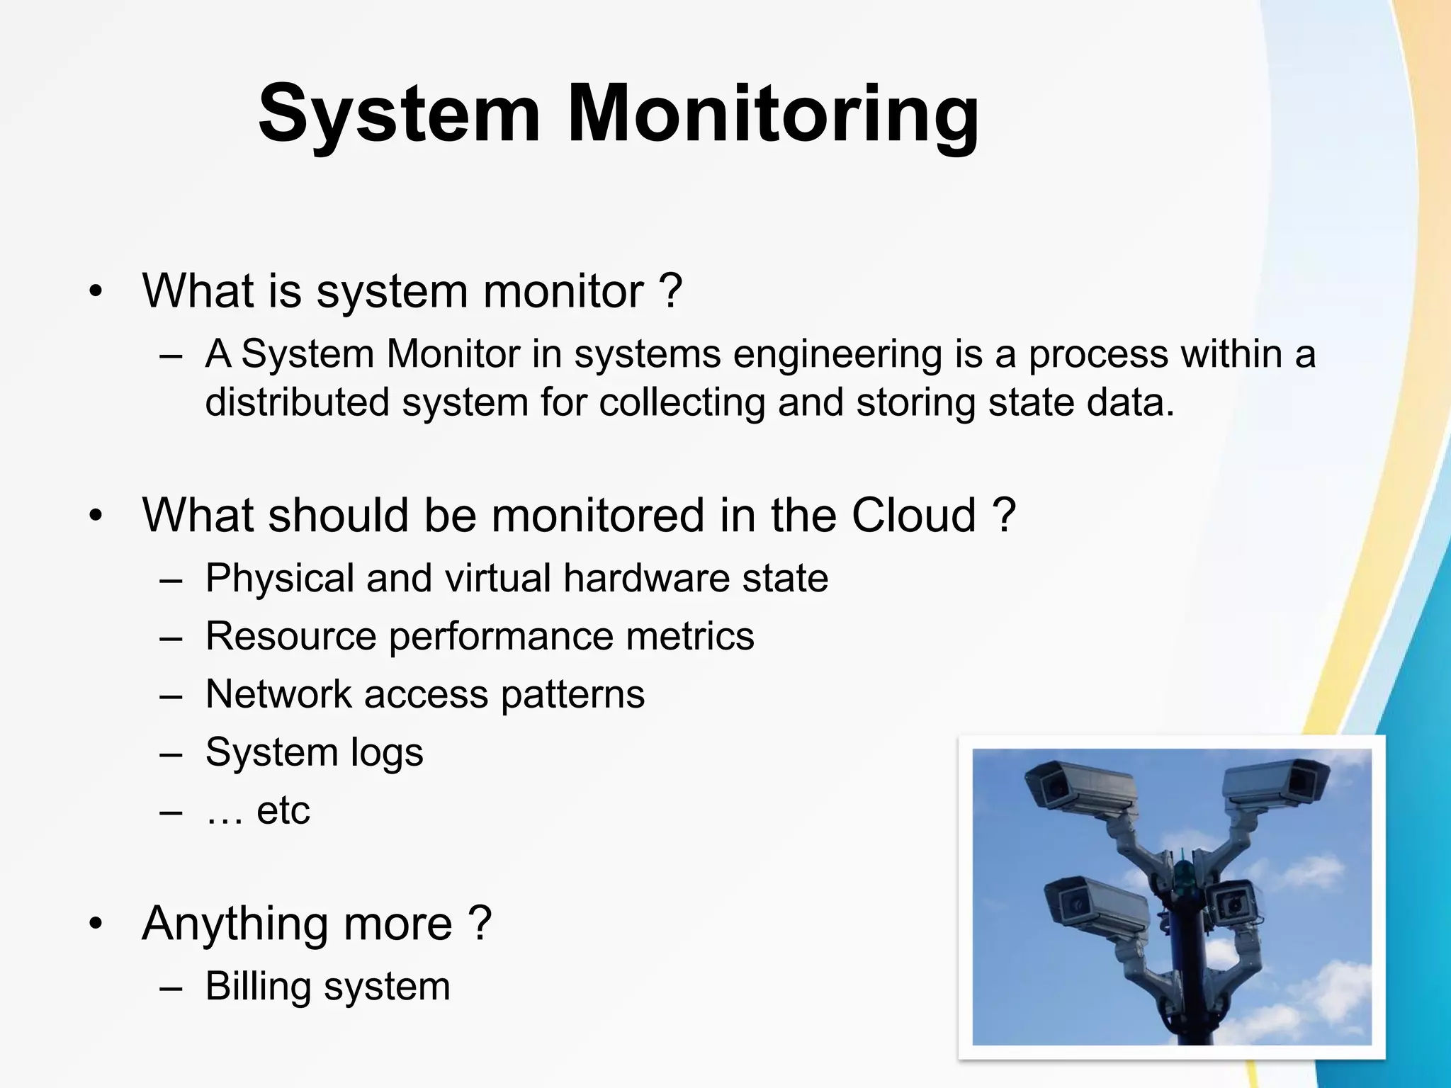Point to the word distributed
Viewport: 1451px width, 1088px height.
(x=297, y=402)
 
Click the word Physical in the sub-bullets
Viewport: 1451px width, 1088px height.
(x=279, y=578)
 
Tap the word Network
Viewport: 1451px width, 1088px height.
(x=278, y=693)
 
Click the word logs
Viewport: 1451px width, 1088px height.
(x=387, y=753)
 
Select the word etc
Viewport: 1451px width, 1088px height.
(x=283, y=811)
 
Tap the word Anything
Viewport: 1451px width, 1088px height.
(x=234, y=924)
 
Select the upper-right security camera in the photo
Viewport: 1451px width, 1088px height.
(x=1279, y=783)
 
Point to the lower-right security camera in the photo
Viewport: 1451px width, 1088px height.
(x=1233, y=903)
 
